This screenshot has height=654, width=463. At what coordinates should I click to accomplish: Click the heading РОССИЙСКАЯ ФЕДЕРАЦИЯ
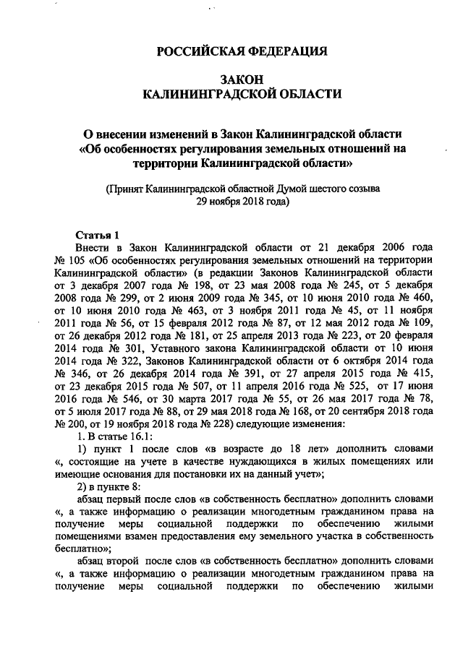[x=242, y=51]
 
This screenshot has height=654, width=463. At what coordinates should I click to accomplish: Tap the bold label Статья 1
[x=97, y=235]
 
